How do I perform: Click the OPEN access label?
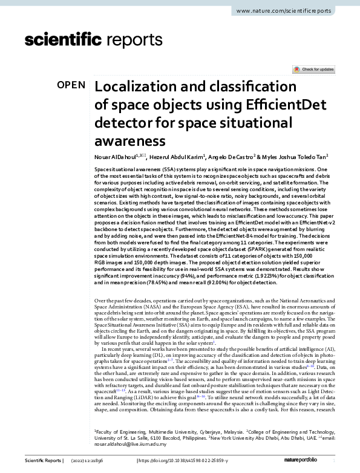point(71,85)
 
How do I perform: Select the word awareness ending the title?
point(129,142)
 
